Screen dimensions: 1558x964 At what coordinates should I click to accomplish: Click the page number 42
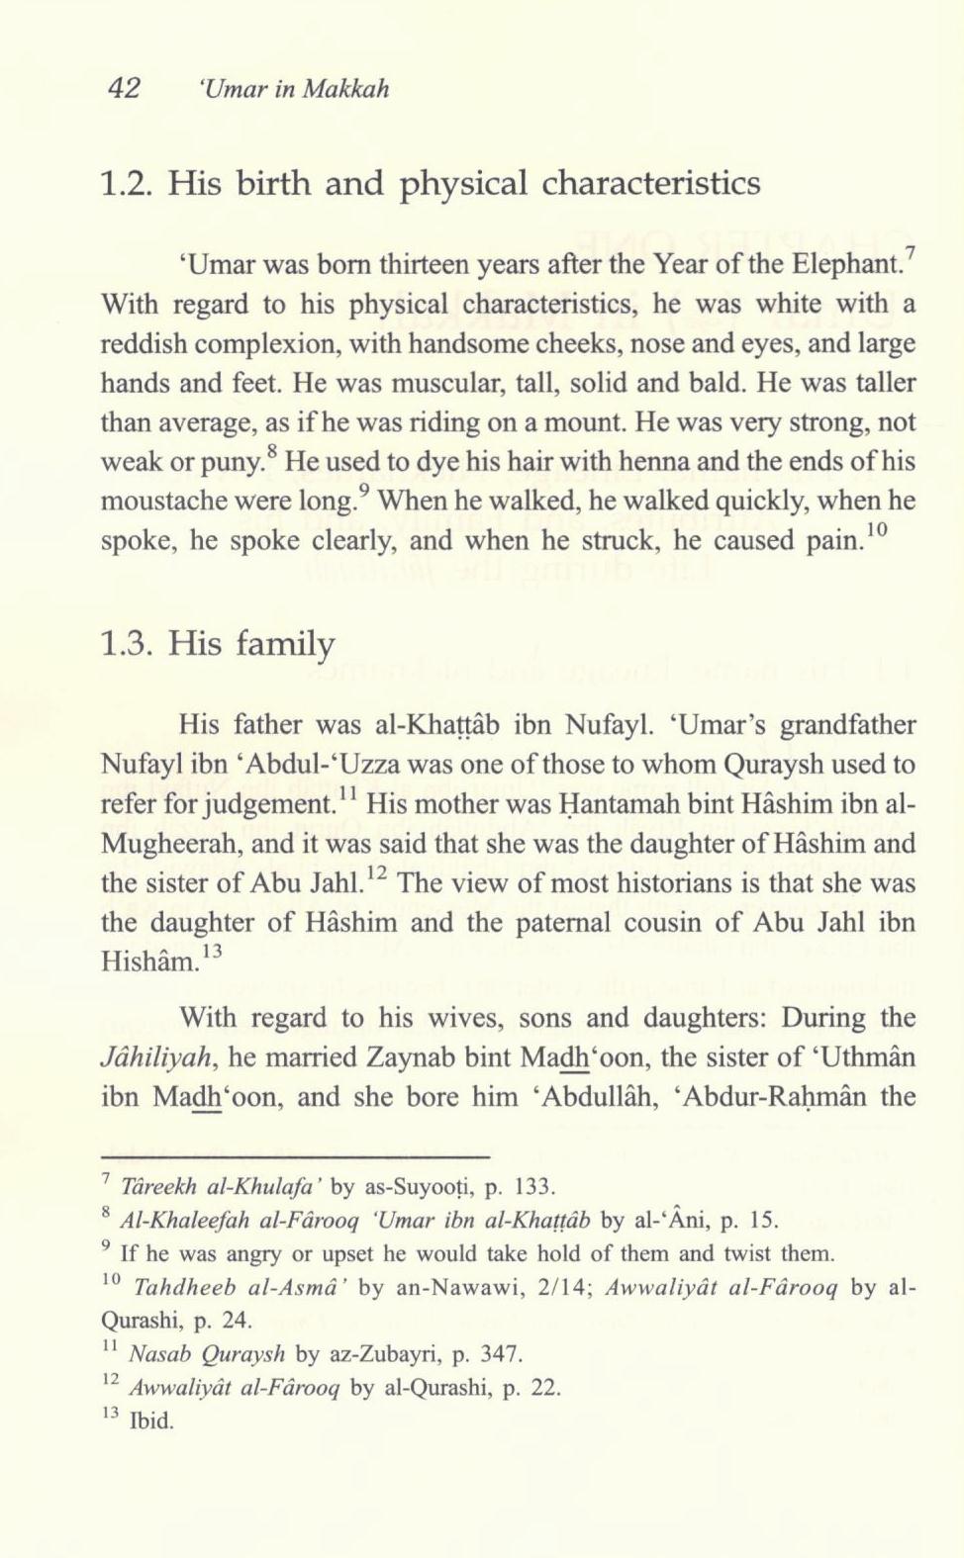point(126,89)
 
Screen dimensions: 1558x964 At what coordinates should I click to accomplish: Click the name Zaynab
point(380,1057)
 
